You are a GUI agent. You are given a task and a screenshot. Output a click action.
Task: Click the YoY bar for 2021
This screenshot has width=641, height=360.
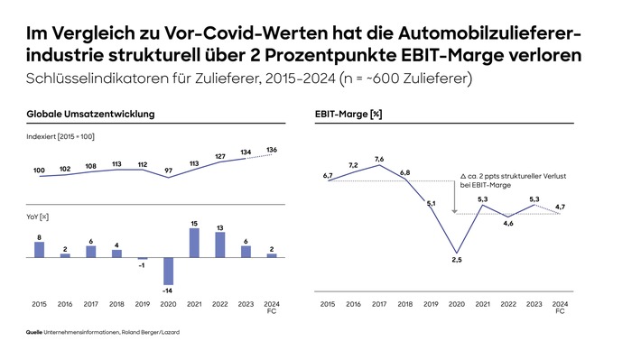click(194, 244)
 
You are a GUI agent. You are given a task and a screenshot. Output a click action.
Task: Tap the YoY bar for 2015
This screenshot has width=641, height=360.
click(39, 249)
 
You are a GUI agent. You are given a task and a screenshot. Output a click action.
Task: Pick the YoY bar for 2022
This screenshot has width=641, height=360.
click(219, 245)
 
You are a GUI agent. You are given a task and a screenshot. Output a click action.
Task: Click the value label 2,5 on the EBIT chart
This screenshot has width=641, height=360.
click(457, 261)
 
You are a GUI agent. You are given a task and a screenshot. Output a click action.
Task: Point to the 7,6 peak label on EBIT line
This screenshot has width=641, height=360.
click(379, 159)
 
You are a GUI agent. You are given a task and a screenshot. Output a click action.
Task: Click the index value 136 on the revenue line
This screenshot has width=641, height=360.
click(272, 149)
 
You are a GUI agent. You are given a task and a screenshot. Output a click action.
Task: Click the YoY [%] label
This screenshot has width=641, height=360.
click(38, 217)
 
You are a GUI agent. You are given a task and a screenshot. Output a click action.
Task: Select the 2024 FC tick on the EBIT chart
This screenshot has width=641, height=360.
click(560, 307)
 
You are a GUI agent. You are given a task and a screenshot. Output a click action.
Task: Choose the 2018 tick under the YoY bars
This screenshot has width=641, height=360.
click(116, 304)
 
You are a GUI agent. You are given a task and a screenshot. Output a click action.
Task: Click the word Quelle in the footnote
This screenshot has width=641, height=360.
click(34, 334)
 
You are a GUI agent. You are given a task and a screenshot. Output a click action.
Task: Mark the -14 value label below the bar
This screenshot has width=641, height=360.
click(168, 291)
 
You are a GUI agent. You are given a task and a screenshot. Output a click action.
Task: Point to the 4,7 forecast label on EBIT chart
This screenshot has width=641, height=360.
click(560, 207)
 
